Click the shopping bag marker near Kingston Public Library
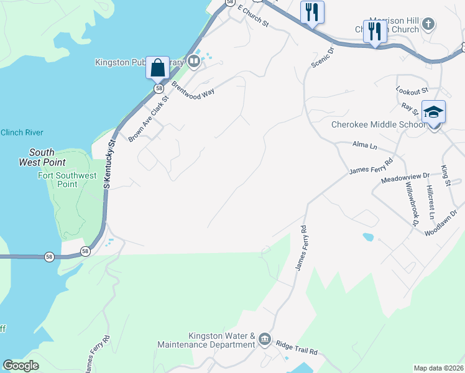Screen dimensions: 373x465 pos(158,68)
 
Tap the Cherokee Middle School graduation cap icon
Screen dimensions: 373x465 pos(433,112)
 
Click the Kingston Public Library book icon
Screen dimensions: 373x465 pos(194,61)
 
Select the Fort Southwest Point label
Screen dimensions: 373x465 pos(67,180)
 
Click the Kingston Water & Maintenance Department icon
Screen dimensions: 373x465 pos(265,338)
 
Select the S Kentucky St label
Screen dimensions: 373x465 pos(111,163)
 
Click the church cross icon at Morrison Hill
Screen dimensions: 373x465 pos(428,24)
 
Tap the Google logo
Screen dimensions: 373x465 pos(21,366)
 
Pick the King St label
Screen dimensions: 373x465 pos(445,175)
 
